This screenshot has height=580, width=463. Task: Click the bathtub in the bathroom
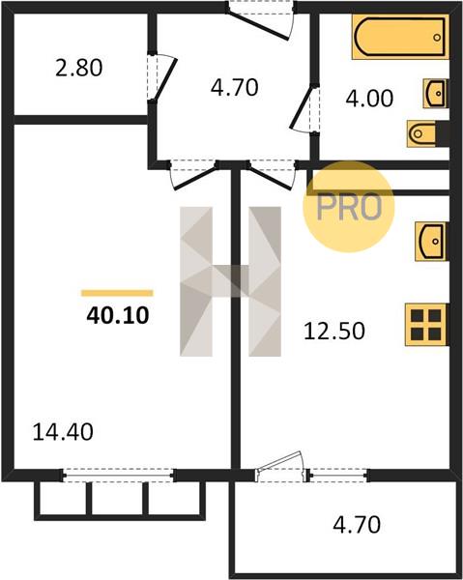(400, 37)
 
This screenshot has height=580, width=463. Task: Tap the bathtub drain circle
(437, 38)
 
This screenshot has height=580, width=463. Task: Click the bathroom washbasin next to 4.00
(436, 93)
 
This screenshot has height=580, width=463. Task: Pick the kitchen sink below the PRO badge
(432, 241)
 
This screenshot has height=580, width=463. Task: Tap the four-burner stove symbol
(427, 325)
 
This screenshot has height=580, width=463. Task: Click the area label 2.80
(78, 69)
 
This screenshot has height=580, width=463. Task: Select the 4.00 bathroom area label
(369, 99)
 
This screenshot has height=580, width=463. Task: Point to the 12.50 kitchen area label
(333, 331)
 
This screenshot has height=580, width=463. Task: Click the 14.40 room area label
(63, 432)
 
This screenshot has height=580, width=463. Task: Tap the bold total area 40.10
(118, 315)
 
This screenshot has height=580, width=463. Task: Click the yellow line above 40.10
(117, 293)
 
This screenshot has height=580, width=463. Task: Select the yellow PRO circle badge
(349, 207)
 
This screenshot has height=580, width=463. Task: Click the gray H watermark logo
(230, 281)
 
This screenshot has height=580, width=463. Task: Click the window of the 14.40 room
(118, 476)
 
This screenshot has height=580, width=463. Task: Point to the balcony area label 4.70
(357, 525)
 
